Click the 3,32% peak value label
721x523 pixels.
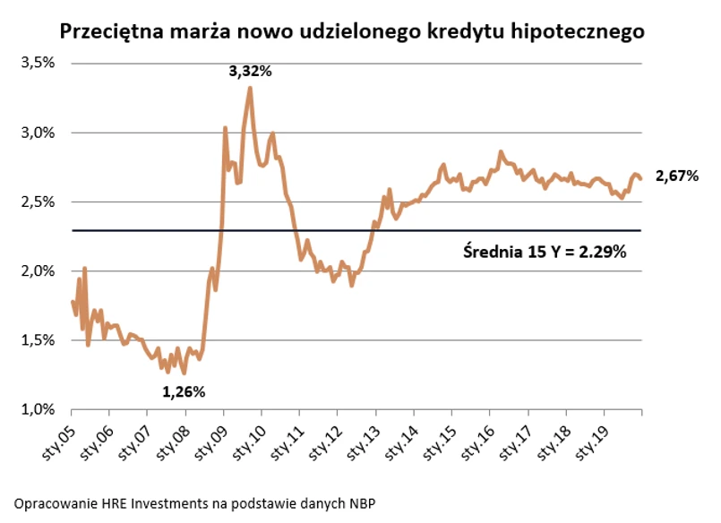click(250, 72)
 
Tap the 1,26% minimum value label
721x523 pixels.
click(184, 391)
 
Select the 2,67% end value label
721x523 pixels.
click(676, 176)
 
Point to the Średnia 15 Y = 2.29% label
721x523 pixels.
click(544, 253)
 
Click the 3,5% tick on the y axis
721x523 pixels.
click(39, 64)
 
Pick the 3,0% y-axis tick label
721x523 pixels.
click(39, 133)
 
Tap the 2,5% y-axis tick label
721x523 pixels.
click(39, 202)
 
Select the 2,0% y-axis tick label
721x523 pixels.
click(39, 271)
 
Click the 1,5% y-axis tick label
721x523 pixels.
click(39, 340)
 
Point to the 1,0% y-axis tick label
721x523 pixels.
click(39, 410)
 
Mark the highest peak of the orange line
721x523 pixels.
click(250, 88)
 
